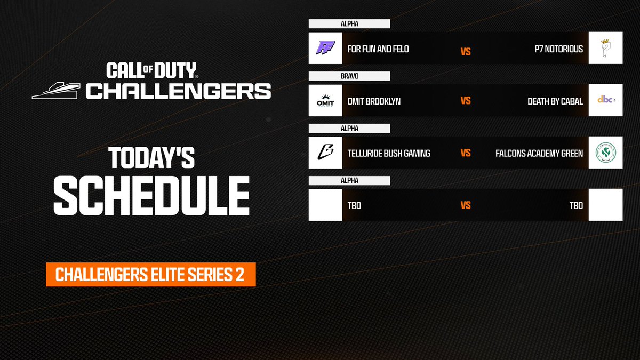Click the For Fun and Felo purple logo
tap(325, 49)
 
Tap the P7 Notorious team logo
tap(605, 49)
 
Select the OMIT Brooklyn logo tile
tap(325, 100)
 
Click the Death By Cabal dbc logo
tap(605, 100)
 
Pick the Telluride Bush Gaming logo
tap(325, 153)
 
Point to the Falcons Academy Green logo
tap(605, 153)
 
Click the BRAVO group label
tap(349, 76)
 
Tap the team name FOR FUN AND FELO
tap(378, 49)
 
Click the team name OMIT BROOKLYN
tap(373, 101)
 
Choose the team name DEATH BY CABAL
tap(555, 101)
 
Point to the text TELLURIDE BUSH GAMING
tap(388, 153)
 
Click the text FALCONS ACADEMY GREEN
tap(539, 153)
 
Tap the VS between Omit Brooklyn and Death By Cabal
tap(466, 101)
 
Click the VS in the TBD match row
tap(466, 205)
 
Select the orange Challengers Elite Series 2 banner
tap(151, 275)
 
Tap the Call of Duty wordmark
tap(151, 70)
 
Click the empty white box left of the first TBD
tap(325, 205)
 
